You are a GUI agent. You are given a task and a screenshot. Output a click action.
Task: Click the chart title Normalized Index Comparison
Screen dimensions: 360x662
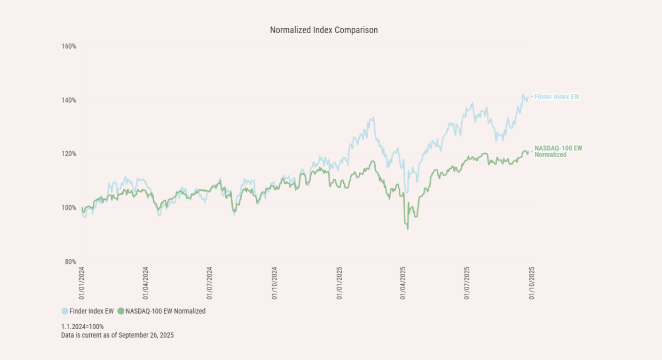click(324, 30)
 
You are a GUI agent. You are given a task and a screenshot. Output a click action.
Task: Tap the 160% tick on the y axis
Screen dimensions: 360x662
click(69, 46)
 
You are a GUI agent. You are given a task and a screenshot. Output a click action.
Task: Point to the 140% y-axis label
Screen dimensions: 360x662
click(69, 100)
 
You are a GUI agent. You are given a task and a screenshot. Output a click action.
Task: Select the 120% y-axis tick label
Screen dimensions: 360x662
click(69, 154)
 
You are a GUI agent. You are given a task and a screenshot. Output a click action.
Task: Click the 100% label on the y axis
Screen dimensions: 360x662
click(69, 208)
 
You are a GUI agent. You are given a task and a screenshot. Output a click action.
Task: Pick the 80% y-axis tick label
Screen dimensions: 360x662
click(70, 262)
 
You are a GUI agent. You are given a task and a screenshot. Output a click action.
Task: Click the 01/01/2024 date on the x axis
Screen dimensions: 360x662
click(82, 283)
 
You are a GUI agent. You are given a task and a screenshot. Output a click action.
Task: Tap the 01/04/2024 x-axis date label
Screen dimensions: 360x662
click(146, 283)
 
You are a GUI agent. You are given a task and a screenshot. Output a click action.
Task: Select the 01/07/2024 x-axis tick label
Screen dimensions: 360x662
click(210, 283)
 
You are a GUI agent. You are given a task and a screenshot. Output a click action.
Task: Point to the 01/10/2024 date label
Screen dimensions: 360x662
click(274, 283)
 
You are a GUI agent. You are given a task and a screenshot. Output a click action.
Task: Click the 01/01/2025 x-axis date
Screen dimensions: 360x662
click(339, 283)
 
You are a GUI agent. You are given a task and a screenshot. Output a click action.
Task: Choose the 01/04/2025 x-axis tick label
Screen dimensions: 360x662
click(403, 283)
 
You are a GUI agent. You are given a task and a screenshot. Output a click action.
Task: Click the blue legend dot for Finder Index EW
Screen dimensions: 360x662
click(65, 311)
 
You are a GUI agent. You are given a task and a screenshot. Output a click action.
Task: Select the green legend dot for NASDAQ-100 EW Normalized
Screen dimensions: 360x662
click(121, 311)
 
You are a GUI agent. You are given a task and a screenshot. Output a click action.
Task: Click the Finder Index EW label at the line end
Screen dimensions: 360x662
click(557, 97)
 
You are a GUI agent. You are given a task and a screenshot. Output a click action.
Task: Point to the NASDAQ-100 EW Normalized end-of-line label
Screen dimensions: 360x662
click(558, 151)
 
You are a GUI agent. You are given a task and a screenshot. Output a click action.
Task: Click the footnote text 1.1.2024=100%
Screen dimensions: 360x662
click(82, 326)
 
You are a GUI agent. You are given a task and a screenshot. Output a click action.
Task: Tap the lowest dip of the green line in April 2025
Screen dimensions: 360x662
click(408, 229)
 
